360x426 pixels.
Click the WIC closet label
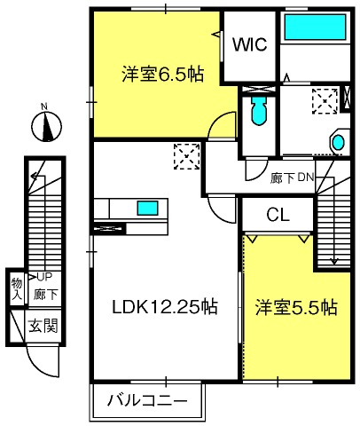[x=250, y=44]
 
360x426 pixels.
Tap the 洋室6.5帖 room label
[x=163, y=74]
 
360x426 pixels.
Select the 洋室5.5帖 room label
[x=296, y=308]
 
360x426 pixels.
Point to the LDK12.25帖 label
[x=165, y=306]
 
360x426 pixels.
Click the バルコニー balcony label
[x=147, y=401]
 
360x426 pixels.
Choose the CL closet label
[x=278, y=215]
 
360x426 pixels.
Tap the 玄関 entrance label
[x=43, y=326]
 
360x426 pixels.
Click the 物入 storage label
[x=17, y=288]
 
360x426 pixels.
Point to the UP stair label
[x=44, y=277]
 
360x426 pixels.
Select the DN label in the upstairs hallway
[x=305, y=177]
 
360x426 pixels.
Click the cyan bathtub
[x=315, y=27]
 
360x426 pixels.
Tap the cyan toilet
[x=259, y=110]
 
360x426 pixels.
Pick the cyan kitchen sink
[x=147, y=208]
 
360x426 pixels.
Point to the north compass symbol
[x=46, y=127]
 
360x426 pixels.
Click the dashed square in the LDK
[x=186, y=156]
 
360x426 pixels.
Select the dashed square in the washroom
[x=325, y=101]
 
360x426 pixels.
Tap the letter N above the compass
[x=44, y=106]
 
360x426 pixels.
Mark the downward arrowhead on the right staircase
[x=334, y=262]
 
